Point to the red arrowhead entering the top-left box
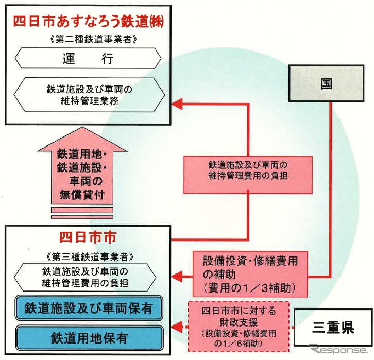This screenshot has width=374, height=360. coord(177,105)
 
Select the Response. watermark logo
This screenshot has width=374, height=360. coord(335,350)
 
